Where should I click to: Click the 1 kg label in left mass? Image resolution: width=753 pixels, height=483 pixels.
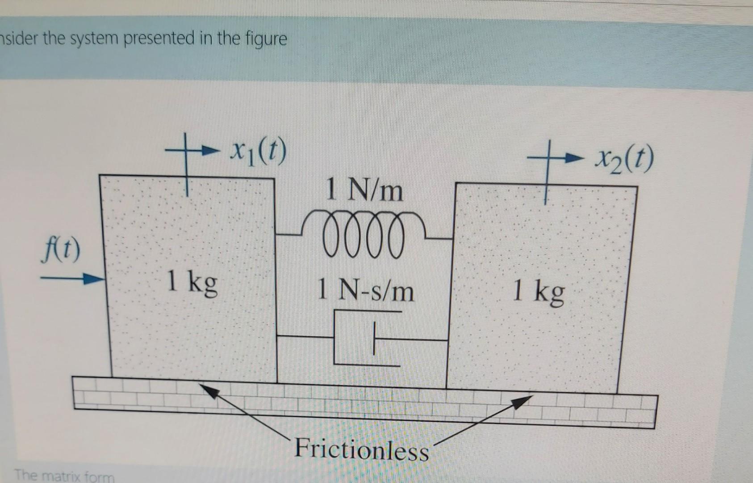(x=192, y=283)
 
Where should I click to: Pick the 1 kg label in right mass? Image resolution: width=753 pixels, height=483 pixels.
(x=539, y=292)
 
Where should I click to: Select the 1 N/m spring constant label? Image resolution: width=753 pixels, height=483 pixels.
(x=364, y=190)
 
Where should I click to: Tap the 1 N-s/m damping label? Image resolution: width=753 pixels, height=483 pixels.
(x=365, y=291)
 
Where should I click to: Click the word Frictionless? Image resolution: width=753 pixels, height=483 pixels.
(x=361, y=449)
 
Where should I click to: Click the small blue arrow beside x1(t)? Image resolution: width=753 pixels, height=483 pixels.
(x=208, y=151)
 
